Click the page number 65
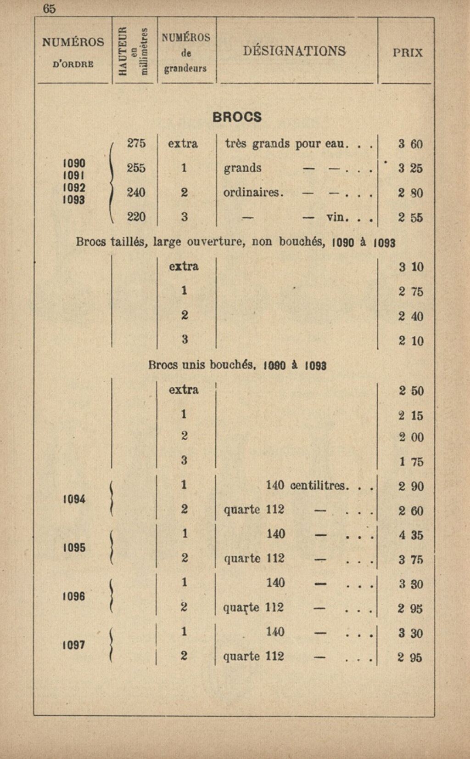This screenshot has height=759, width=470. [49, 9]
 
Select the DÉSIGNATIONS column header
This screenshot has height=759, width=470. [294, 51]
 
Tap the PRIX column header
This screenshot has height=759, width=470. [408, 52]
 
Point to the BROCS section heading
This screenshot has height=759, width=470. [237, 117]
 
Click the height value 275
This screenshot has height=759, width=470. [136, 143]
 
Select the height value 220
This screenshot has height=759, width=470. [136, 216]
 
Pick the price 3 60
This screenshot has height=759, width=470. [410, 144]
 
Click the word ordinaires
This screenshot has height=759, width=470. [253, 192]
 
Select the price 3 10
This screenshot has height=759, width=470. [411, 267]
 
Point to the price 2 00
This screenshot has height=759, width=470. [411, 437]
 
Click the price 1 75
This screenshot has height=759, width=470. [411, 462]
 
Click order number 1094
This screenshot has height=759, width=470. [74, 499]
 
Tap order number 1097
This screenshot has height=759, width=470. [74, 645]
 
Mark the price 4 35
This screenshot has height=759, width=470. [411, 535]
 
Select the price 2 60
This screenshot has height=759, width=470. [411, 511]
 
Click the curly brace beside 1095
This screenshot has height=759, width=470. [111, 547]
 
